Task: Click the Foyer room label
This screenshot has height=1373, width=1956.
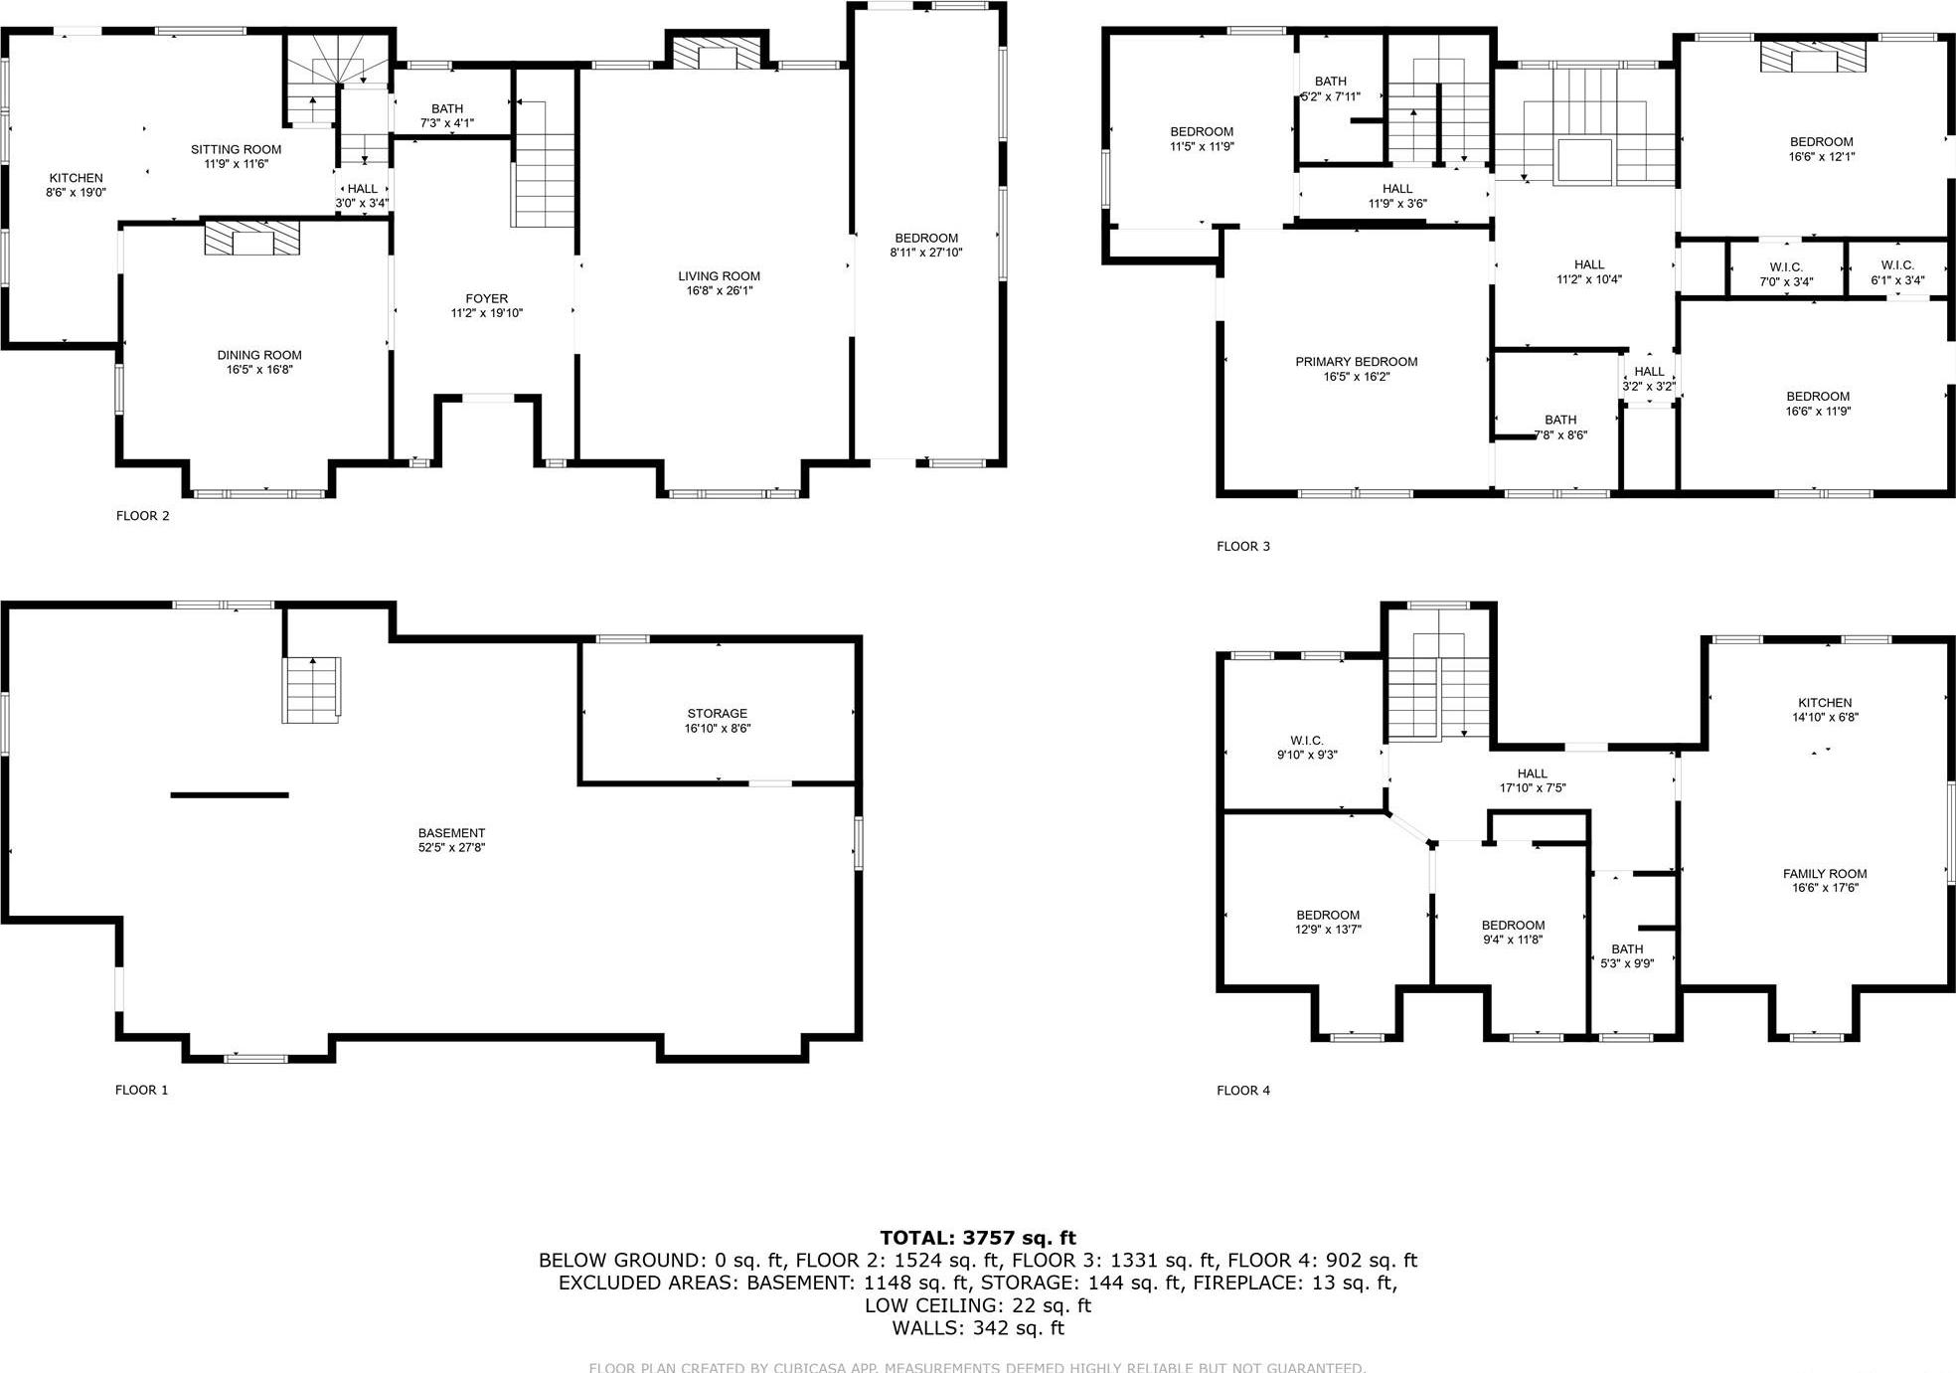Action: pyautogui.click(x=486, y=298)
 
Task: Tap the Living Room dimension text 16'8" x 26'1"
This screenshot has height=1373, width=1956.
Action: pyautogui.click(x=719, y=291)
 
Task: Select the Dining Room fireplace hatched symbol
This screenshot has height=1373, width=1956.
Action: pyautogui.click(x=251, y=239)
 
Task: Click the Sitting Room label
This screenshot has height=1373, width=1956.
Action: pyautogui.click(x=236, y=149)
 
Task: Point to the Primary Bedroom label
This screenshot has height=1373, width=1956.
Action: pyautogui.click(x=1356, y=362)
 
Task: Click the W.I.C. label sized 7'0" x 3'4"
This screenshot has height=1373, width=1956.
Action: pyautogui.click(x=1786, y=267)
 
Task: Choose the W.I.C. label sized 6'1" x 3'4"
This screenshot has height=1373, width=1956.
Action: pyautogui.click(x=1896, y=265)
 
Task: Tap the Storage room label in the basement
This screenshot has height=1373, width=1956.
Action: pyautogui.click(x=717, y=713)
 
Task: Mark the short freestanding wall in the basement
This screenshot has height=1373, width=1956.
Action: pyautogui.click(x=230, y=794)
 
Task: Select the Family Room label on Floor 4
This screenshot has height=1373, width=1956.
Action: pyautogui.click(x=1824, y=874)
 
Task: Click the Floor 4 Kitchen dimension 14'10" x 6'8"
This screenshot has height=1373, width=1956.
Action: pyautogui.click(x=1824, y=717)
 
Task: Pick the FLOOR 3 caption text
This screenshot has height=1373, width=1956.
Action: pyautogui.click(x=1242, y=546)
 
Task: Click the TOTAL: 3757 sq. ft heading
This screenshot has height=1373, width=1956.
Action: pyautogui.click(x=977, y=1238)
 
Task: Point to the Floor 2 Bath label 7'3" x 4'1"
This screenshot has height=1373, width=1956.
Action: pyautogui.click(x=447, y=109)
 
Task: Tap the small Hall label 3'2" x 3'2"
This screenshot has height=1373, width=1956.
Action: pyautogui.click(x=1648, y=372)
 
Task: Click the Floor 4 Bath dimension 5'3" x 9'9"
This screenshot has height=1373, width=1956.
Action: pyautogui.click(x=1626, y=963)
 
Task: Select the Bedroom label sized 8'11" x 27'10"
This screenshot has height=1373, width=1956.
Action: pyautogui.click(x=925, y=238)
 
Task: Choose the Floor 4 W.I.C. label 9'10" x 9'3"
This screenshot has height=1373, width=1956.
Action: pyautogui.click(x=1306, y=741)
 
